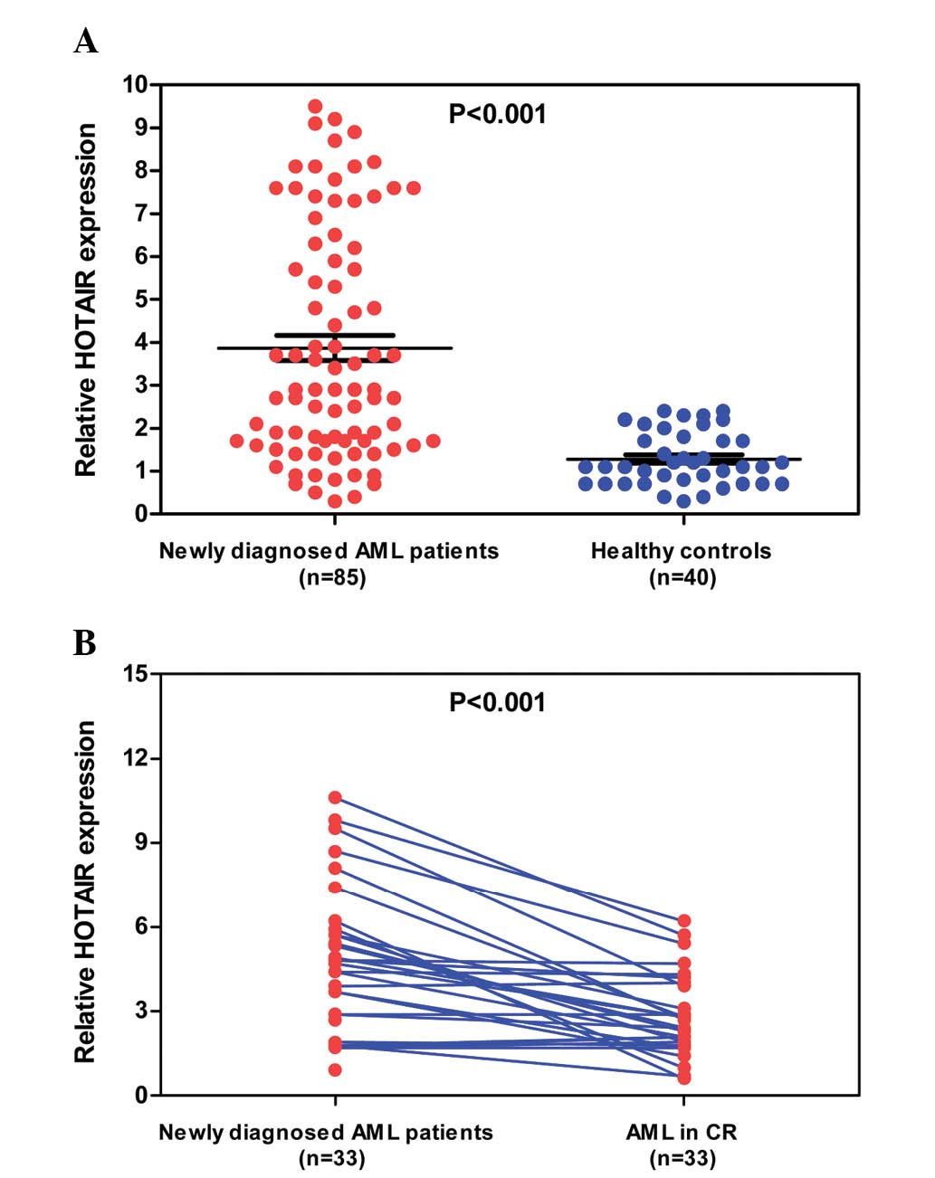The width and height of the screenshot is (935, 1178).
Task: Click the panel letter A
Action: click(x=86, y=41)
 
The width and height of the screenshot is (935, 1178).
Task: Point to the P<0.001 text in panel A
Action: click(x=498, y=114)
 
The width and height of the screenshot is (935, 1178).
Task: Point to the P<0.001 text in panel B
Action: click(x=498, y=702)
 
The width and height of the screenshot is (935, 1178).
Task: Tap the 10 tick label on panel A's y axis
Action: click(x=134, y=85)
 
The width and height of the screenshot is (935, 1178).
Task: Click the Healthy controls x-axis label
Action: click(x=681, y=551)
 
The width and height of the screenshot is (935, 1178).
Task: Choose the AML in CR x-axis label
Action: click(x=682, y=1132)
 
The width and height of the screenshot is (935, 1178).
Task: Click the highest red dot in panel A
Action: click(x=315, y=107)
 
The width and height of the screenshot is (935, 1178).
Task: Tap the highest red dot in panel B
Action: click(x=335, y=798)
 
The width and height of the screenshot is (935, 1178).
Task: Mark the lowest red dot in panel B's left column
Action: click(x=335, y=1070)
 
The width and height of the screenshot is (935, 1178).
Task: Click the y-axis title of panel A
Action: click(x=86, y=299)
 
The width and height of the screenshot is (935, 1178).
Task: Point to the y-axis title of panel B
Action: click(x=86, y=891)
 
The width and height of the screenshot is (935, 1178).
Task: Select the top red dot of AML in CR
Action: click(x=683, y=921)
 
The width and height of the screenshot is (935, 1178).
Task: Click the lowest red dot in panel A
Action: click(x=335, y=501)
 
